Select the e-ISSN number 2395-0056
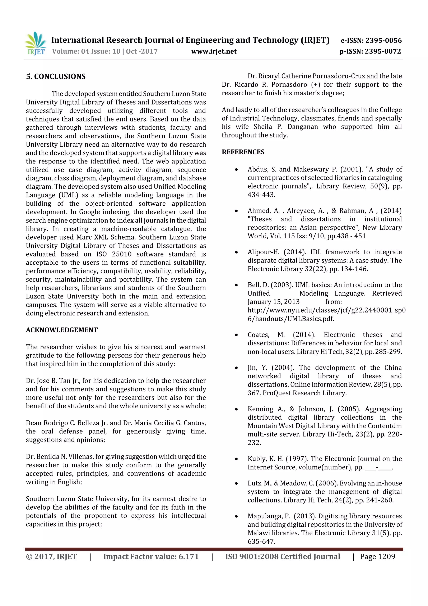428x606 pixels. coord(383,40)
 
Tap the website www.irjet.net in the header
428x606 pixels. coord(214,51)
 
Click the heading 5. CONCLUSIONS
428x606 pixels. coord(56,77)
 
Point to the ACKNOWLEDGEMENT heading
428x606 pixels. coord(62,330)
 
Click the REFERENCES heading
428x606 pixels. coord(243,152)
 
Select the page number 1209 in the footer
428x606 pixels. coord(386,557)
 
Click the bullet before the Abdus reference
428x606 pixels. coord(236,169)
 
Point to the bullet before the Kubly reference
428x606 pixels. coord(236,459)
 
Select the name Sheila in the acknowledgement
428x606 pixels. coord(263,127)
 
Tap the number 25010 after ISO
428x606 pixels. coord(122,254)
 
